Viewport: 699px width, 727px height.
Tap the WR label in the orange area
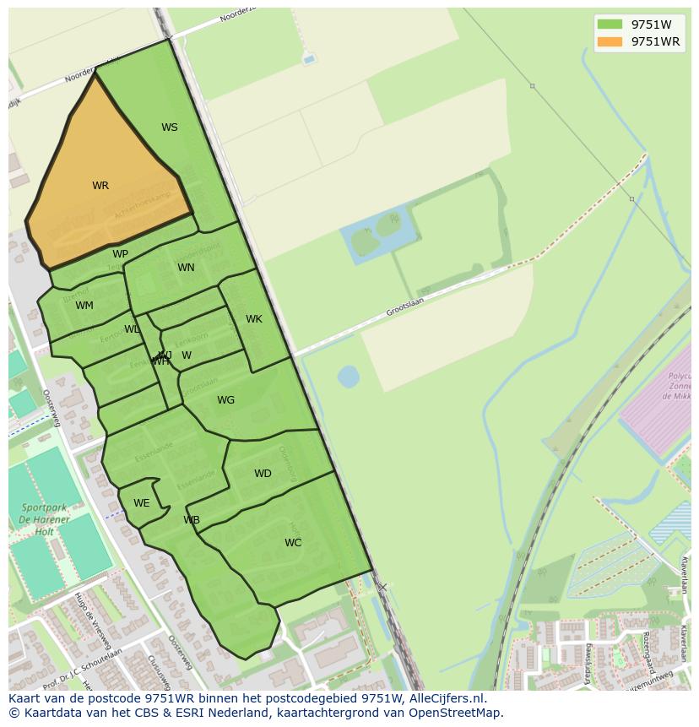[x=100, y=186]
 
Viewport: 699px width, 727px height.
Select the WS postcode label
[x=170, y=127]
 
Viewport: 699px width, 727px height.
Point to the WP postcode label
[x=120, y=254]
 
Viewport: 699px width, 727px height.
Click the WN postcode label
[x=186, y=268]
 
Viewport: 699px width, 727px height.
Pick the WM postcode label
[x=84, y=306]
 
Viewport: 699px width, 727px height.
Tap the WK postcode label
[x=254, y=319]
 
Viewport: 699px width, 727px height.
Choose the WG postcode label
[x=225, y=400]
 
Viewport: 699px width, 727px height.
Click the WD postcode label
[x=263, y=474]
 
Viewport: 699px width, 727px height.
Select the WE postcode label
[x=141, y=503]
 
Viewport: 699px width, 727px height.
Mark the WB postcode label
[x=192, y=520]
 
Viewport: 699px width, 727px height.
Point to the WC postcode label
[x=293, y=543]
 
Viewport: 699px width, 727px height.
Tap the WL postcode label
[x=132, y=329]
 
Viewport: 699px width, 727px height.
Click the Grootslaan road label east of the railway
[x=404, y=306]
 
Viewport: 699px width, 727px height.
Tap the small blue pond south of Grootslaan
[x=348, y=376]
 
